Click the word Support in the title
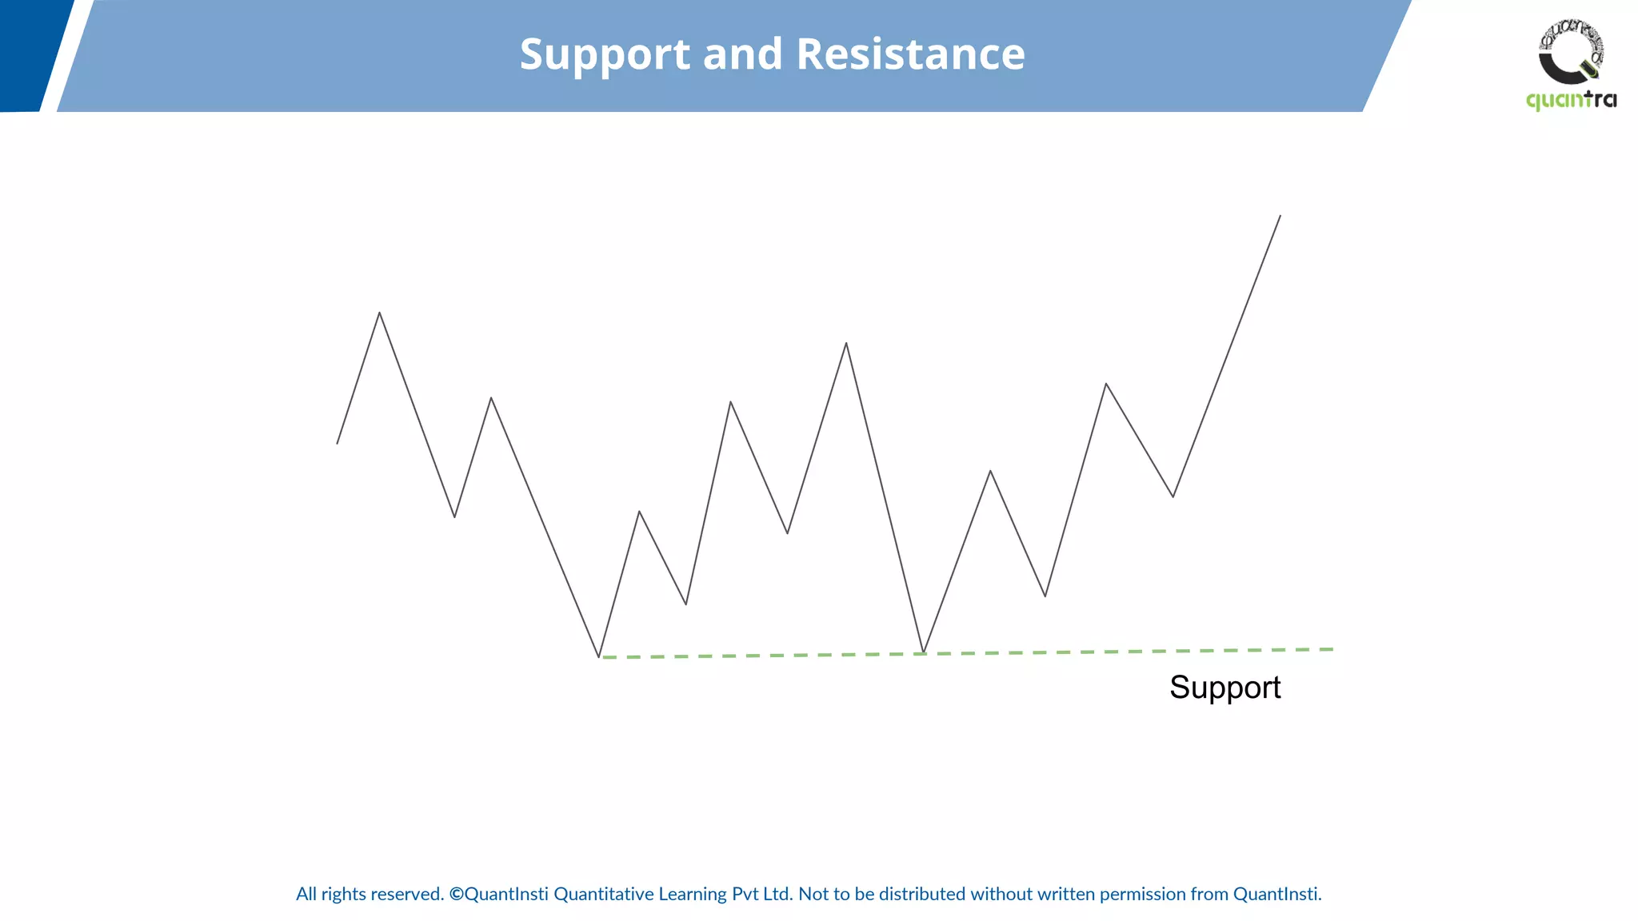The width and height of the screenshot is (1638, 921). click(x=605, y=55)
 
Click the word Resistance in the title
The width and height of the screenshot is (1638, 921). click(x=910, y=54)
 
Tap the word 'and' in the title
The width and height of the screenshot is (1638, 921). click(x=742, y=54)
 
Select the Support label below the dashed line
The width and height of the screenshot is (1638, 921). click(x=1225, y=688)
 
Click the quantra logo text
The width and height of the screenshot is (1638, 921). click(x=1571, y=101)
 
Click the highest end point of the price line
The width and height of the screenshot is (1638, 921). click(x=1280, y=216)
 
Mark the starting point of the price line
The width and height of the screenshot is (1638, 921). click(x=338, y=443)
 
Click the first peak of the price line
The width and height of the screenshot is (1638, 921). click(x=379, y=313)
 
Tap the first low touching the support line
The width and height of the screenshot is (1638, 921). click(x=599, y=656)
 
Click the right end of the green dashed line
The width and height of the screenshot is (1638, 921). click(x=1331, y=649)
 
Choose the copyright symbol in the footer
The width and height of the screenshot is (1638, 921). click(x=456, y=894)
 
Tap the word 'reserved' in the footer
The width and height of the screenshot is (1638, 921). click(x=406, y=894)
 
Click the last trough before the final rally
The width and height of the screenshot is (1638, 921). click(x=1173, y=496)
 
